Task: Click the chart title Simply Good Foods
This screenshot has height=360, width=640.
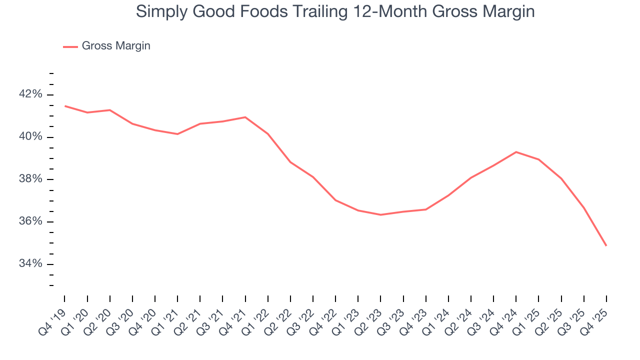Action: coord(335,11)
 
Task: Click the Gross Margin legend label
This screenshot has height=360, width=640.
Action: coord(116,46)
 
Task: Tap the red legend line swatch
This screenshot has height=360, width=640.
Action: coord(70,46)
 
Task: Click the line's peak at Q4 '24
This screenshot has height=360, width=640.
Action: coord(516,152)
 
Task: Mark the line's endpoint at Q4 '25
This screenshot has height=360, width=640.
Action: coord(606,245)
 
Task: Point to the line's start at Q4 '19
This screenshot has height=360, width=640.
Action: coord(65,106)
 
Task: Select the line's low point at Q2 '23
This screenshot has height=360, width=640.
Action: coord(380,214)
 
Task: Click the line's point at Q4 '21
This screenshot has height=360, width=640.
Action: coord(245,117)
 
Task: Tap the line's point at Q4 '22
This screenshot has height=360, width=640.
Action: coord(335,200)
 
